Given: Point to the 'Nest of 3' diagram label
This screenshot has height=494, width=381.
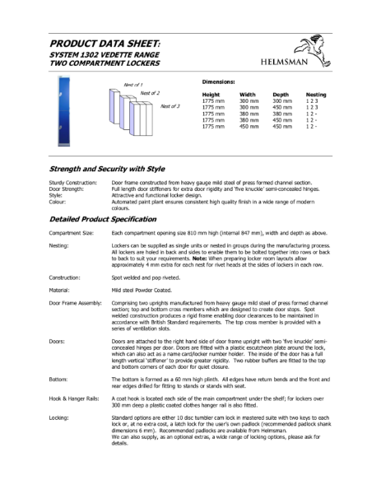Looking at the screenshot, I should click(170, 106).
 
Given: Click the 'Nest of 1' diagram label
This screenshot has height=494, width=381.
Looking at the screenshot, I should click(132, 86).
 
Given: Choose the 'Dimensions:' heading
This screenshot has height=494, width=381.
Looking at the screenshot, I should click(219, 83).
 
